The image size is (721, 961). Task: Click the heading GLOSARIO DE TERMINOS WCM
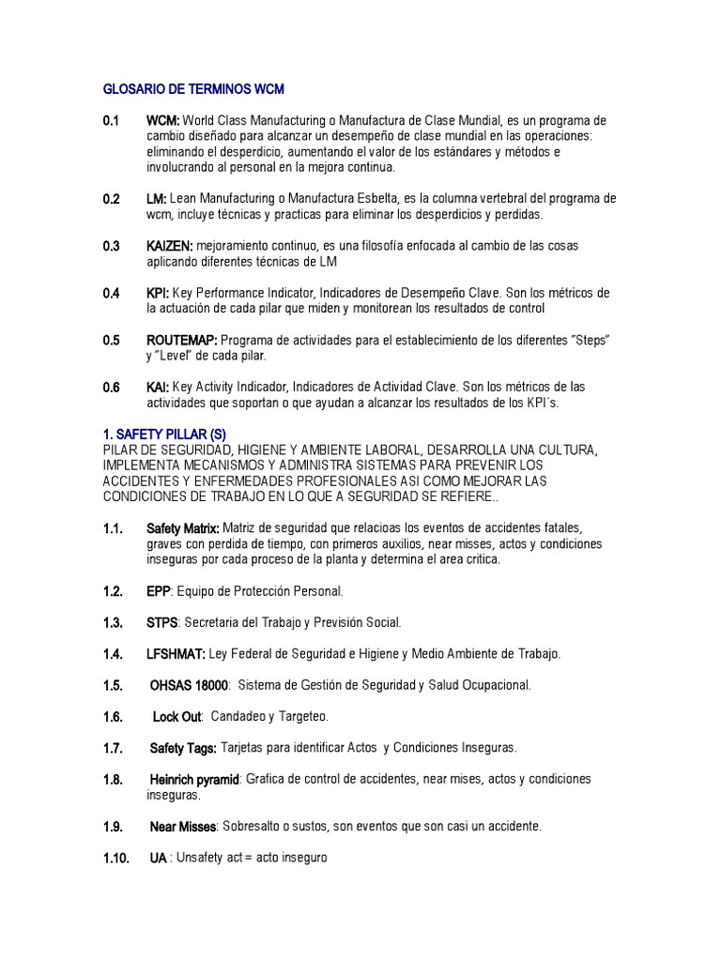[x=192, y=89]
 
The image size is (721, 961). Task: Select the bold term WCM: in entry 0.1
[x=163, y=121]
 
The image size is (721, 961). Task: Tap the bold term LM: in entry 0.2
[x=156, y=199]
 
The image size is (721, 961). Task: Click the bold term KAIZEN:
[x=170, y=246]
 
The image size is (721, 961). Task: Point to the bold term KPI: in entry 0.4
[x=158, y=293]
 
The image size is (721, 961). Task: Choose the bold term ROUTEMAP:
[x=182, y=340]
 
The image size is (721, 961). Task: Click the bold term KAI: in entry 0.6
[x=158, y=387]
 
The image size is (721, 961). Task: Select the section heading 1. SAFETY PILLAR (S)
[x=164, y=434]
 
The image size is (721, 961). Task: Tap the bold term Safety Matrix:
[x=183, y=528]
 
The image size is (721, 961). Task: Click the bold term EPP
[x=159, y=591]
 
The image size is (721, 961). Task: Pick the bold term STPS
[x=162, y=622]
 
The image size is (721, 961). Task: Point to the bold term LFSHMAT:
[x=176, y=653]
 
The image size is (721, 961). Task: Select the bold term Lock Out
[x=177, y=717]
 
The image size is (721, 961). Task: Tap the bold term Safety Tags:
[x=184, y=748]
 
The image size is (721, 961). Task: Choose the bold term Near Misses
[x=184, y=827]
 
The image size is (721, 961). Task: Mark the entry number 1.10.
[x=116, y=858]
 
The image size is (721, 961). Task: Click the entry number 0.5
[x=112, y=340]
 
